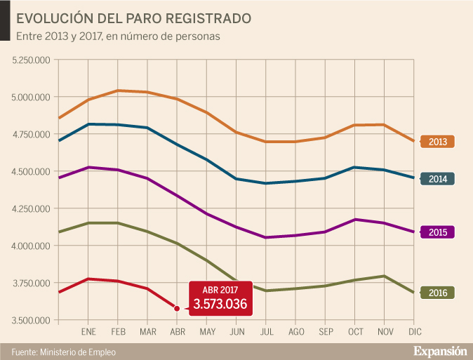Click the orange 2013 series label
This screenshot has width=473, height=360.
coord(437,142)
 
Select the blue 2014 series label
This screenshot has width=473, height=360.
coord(437,178)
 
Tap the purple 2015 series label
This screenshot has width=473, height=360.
coord(437,232)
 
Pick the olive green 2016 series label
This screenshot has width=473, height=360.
coord(437,292)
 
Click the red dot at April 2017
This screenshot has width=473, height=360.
coord(177,308)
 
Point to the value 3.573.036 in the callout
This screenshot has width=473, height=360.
coord(220,305)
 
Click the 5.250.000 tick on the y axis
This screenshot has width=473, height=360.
coord(31,60)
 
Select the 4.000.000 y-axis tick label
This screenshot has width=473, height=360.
coord(31,246)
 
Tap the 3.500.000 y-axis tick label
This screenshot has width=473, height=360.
coord(31,321)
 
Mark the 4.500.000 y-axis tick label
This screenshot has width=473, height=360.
coord(31,171)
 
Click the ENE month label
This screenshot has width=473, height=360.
coord(88,331)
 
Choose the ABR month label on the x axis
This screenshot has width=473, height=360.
coord(178,331)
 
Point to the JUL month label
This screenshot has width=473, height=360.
coord(267,331)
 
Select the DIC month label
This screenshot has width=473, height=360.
coord(415,331)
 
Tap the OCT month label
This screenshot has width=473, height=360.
coord(356,331)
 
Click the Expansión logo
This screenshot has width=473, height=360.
coord(440,350)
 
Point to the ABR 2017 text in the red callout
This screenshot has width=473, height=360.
coord(220,289)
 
